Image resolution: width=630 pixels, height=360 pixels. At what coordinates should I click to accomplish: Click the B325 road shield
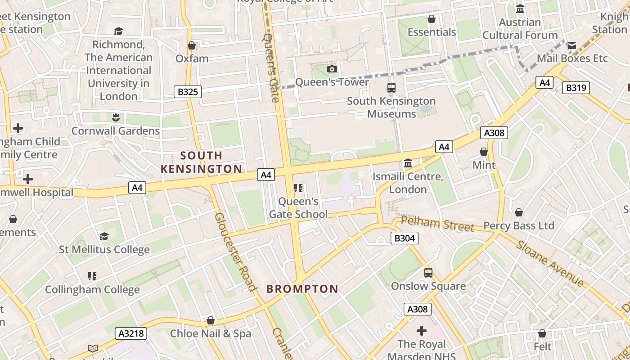pos(188,92)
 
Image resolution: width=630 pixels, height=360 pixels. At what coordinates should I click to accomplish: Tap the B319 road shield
pos(576,87)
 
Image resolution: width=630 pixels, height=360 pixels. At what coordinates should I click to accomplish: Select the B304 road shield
pos(404,238)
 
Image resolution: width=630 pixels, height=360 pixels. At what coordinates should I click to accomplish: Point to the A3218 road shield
pos(131,333)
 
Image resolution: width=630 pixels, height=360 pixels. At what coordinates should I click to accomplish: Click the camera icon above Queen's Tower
pos(332,69)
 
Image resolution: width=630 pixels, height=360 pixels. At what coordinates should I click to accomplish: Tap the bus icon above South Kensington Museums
pos(391,88)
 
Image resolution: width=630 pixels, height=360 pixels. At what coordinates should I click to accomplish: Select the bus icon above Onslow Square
pos(428,273)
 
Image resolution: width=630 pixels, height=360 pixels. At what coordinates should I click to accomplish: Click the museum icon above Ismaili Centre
pos(408,163)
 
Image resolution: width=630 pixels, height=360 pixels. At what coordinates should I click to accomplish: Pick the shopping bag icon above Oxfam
pos(192,45)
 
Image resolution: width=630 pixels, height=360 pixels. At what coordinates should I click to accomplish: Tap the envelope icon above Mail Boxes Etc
pos(572,45)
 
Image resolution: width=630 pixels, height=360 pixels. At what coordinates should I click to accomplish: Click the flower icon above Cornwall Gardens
pos(116,117)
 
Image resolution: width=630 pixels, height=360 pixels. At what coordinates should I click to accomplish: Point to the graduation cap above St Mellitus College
pos(104,236)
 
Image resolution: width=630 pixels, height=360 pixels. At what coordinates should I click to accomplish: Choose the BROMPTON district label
pos(302,289)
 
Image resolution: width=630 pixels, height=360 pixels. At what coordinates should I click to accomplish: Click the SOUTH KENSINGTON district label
pos(201,162)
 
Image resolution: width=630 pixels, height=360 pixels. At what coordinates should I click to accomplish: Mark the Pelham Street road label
pos(437,223)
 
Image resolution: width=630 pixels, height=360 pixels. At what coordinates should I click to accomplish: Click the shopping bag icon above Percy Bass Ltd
pos(519,212)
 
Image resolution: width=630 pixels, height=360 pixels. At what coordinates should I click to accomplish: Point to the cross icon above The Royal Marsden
pos(422,331)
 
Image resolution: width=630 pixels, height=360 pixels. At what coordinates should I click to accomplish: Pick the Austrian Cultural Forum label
pos(520,28)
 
